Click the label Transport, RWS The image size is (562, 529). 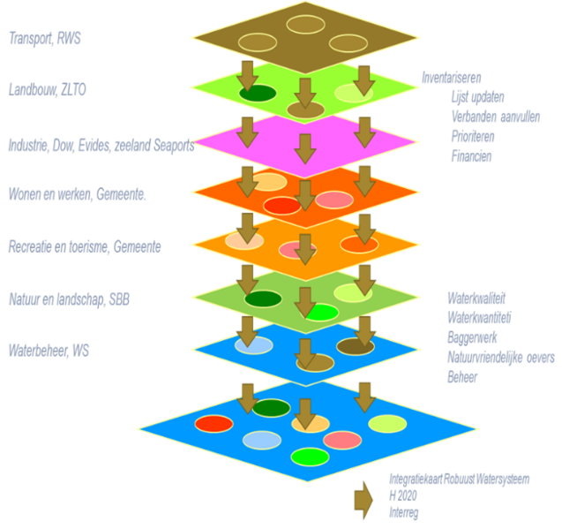point(45,38)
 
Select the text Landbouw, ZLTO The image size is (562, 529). point(48,89)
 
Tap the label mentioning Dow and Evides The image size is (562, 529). point(101,146)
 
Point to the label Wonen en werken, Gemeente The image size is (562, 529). point(77,194)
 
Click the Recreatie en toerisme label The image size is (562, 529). point(85,247)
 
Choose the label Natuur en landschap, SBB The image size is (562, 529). point(69,299)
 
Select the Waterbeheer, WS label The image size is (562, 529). point(49,351)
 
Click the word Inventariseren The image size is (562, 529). point(451,78)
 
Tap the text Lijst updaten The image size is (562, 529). point(477,97)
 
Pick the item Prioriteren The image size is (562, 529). point(473,136)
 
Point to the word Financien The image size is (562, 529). point(471,156)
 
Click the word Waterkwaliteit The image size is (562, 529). point(476,299)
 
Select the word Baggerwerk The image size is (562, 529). point(472,337)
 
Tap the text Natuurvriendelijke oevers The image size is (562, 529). point(501,357)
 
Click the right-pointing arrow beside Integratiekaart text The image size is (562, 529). point(363,500)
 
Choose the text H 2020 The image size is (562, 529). point(403,495)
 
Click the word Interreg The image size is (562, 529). point(403,513)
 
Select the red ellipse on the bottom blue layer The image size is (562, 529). point(214,424)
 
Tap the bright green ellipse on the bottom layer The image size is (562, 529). point(310,457)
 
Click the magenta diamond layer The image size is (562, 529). point(305,144)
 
